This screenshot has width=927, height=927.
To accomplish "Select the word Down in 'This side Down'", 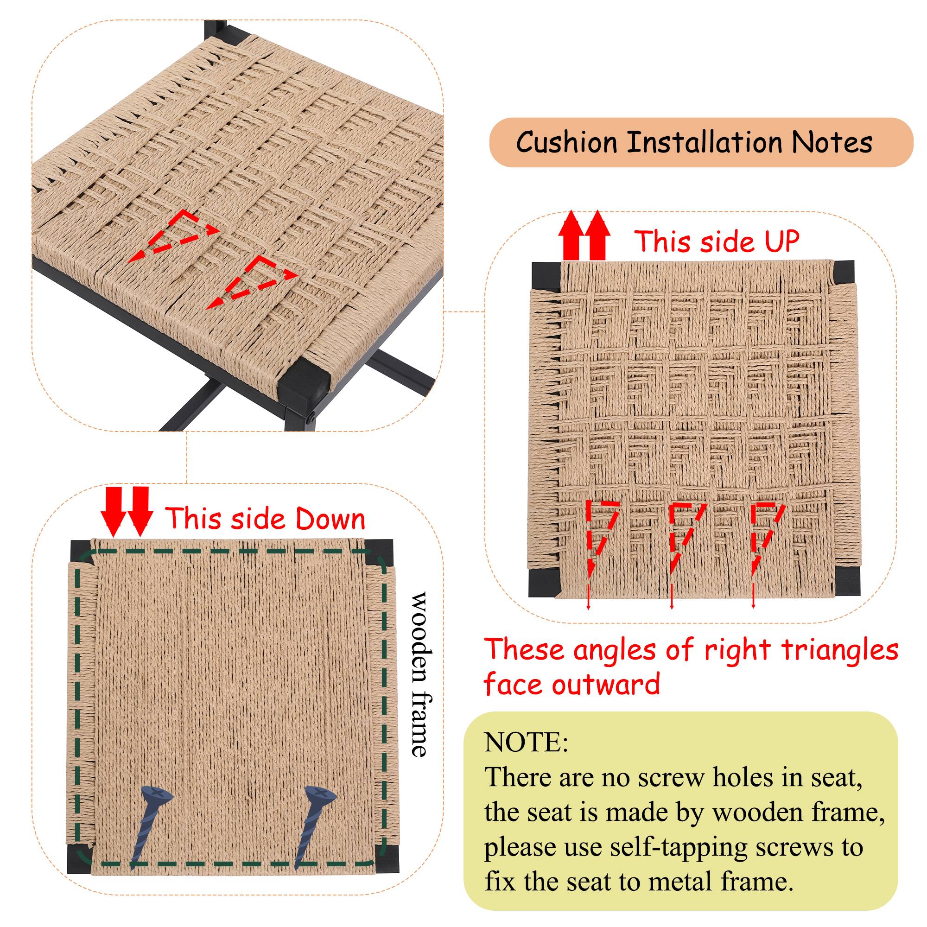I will (330, 520).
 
